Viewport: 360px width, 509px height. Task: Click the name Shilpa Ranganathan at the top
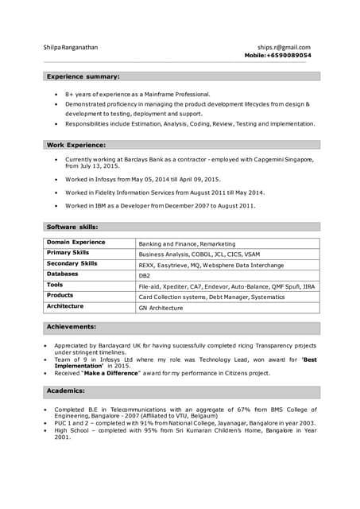point(72,48)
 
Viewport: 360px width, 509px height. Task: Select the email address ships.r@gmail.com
point(284,48)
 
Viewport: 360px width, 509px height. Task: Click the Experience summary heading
point(83,76)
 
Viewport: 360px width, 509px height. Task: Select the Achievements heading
point(72,326)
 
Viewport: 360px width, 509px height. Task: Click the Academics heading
point(65,390)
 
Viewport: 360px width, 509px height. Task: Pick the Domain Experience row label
point(75,243)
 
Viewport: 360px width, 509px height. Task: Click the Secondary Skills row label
point(72,263)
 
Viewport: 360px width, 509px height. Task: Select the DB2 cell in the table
point(145,275)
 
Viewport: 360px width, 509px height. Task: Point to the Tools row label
point(55,285)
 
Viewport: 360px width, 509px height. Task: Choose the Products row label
point(60,295)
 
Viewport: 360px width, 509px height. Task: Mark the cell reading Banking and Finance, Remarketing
point(187,243)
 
